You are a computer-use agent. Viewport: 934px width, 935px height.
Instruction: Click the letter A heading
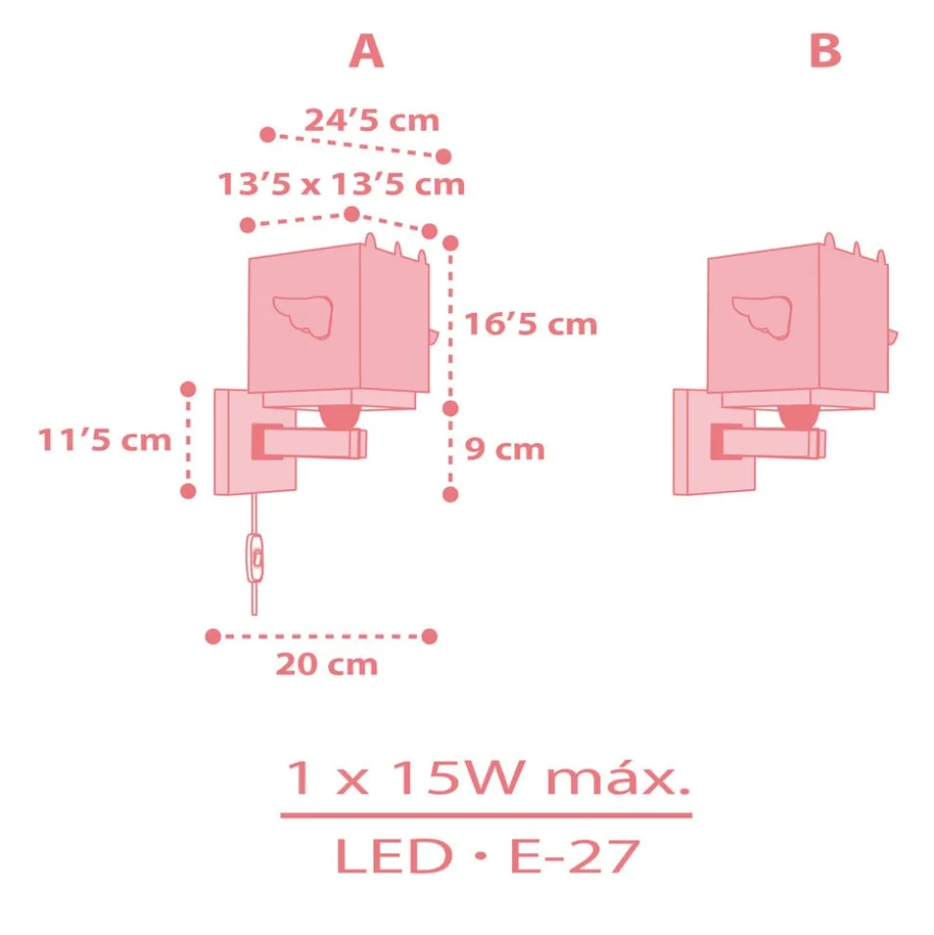coord(366,51)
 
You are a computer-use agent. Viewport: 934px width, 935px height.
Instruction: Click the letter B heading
coord(825,51)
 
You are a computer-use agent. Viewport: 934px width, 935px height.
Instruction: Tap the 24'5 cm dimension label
coord(372,120)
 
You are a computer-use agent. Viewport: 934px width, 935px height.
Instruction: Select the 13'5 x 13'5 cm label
coord(341,184)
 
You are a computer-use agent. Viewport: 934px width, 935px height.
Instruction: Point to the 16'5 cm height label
coord(531,325)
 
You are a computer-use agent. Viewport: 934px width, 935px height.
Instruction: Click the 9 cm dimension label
coord(505,449)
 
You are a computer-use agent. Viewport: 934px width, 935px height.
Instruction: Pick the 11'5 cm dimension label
coord(105,440)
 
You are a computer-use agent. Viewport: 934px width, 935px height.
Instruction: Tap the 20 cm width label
coord(326,664)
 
